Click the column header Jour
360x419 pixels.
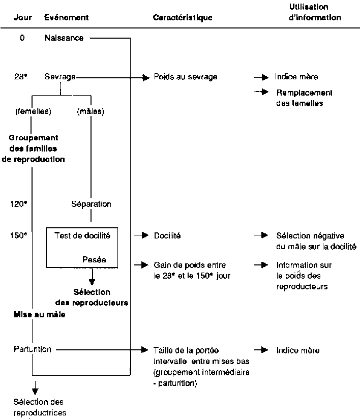tap(23, 17)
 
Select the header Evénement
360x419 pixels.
tap(67, 17)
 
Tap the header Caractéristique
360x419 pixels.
tap(183, 17)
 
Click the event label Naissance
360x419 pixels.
tap(64, 38)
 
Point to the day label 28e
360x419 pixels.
tap(21, 77)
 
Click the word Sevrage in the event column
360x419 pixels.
tap(60, 77)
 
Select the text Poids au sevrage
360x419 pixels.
tap(186, 77)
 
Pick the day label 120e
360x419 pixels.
tap(18, 204)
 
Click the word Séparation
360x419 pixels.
tap(91, 204)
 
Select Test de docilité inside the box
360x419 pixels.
tap(82, 235)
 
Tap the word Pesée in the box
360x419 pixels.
tap(94, 258)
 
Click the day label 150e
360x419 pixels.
tap(18, 235)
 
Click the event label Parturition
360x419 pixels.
tap(33, 350)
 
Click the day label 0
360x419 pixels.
tap(22, 38)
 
